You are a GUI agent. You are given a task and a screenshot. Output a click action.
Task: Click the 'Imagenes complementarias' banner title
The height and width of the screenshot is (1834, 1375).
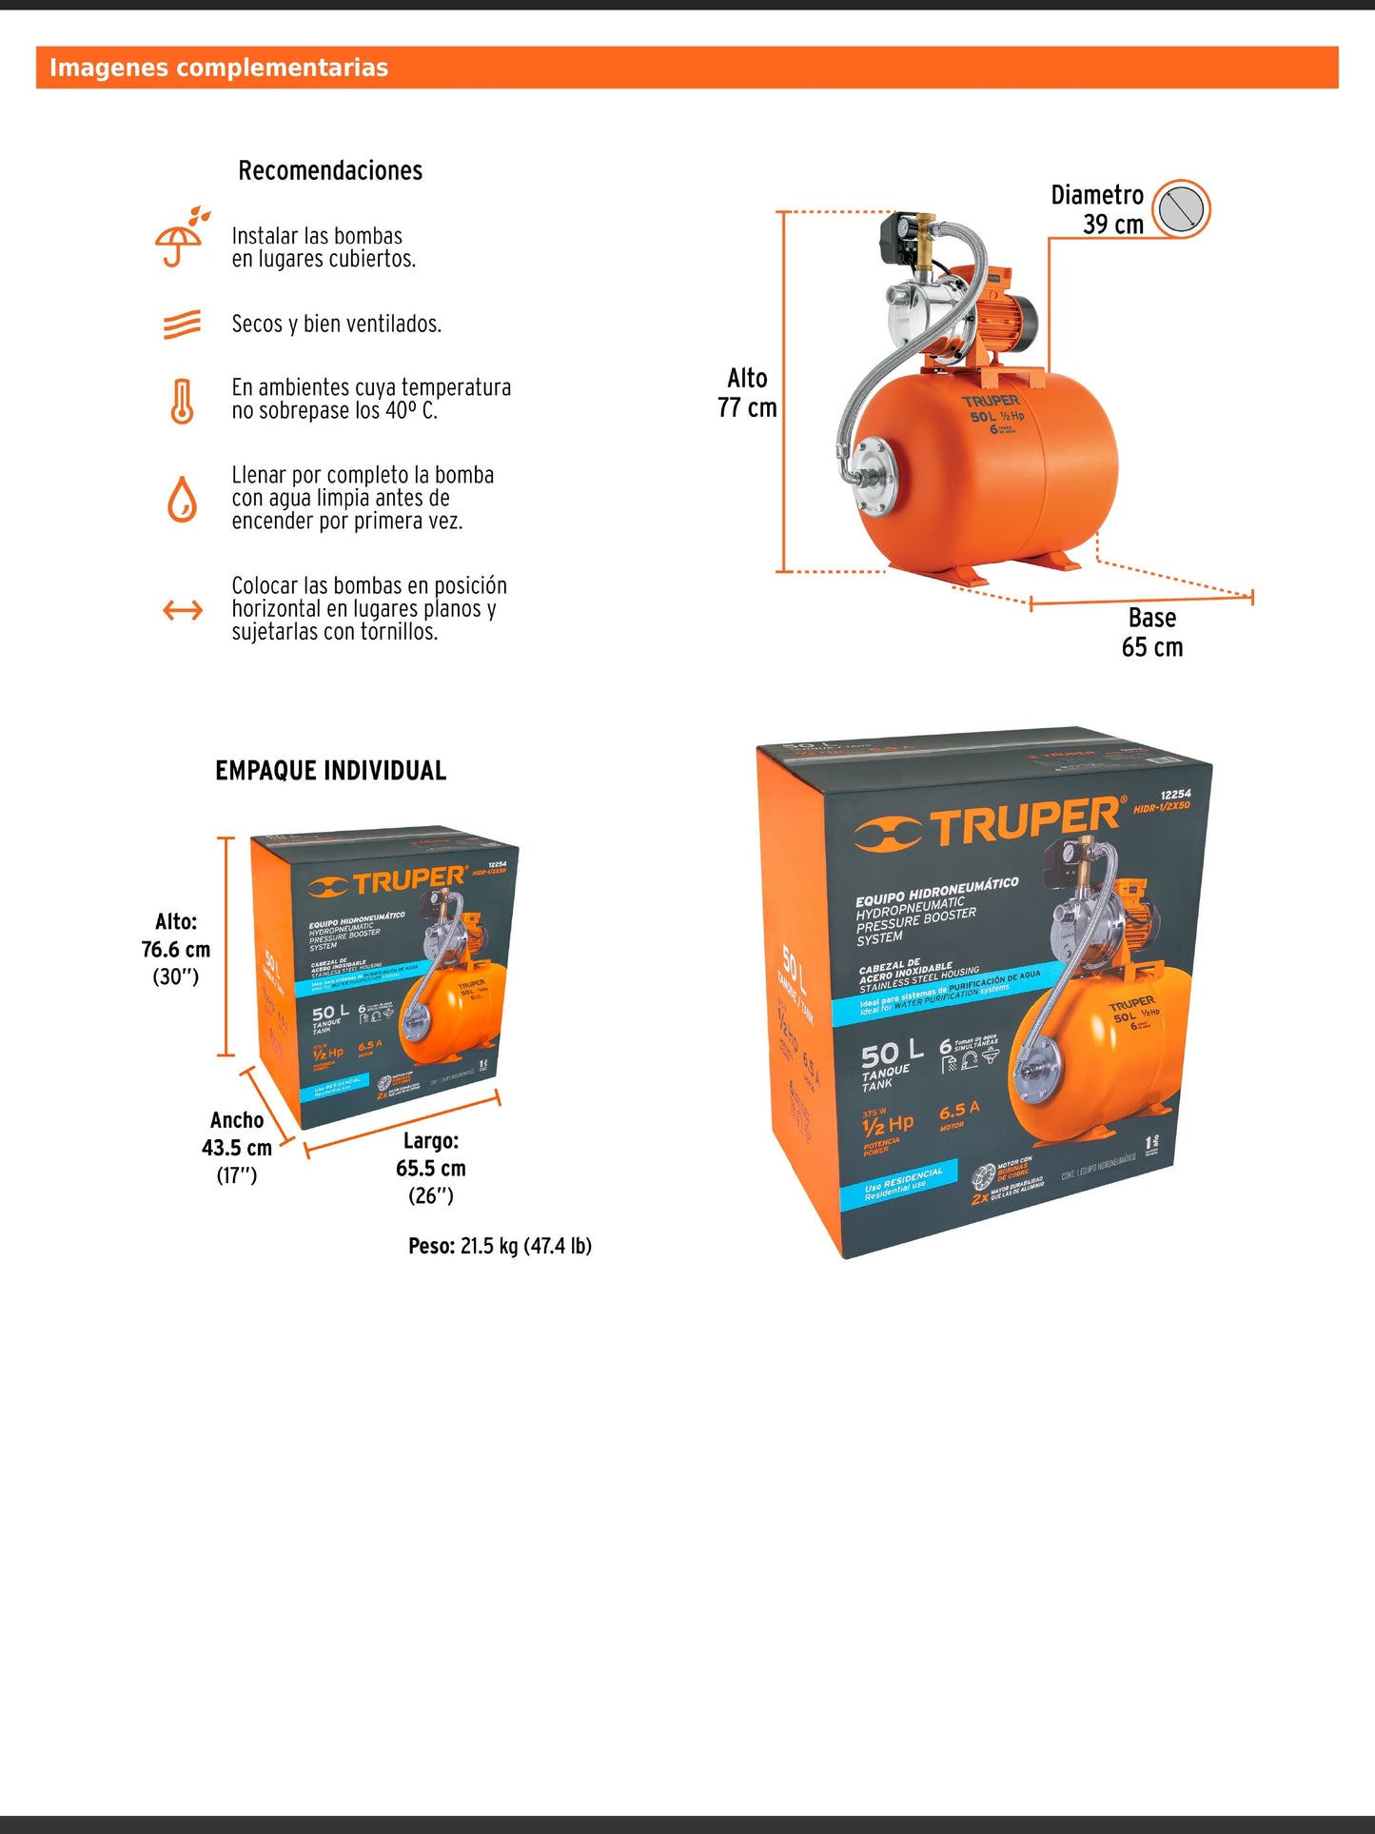click(219, 68)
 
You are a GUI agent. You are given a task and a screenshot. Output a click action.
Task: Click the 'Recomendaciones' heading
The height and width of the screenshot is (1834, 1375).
click(330, 170)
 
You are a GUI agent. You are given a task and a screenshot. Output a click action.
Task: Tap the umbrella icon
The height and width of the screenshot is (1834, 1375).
click(180, 238)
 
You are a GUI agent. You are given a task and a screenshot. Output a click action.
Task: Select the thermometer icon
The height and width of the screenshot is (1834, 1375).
click(182, 401)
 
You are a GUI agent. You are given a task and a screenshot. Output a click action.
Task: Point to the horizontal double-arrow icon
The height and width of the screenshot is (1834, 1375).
click(183, 609)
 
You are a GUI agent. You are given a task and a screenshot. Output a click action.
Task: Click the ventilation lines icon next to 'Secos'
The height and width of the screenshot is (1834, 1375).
click(182, 325)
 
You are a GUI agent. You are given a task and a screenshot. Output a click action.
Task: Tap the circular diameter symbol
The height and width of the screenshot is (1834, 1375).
click(1181, 207)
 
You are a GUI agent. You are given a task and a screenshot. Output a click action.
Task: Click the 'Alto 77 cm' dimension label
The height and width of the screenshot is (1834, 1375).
click(747, 393)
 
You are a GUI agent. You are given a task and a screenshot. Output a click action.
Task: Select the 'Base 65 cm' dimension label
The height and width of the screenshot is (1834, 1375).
click(1151, 633)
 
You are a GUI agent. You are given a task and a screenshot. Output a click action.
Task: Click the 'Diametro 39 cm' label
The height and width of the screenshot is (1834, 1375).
click(1097, 209)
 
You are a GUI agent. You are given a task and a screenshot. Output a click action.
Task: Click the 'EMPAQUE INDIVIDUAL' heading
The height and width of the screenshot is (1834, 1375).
click(330, 771)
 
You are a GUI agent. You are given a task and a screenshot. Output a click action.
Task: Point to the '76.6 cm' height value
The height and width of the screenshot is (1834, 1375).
click(176, 950)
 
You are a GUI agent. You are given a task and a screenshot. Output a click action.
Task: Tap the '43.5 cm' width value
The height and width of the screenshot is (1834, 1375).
click(237, 1148)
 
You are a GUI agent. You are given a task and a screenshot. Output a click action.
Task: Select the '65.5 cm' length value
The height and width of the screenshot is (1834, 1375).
click(431, 1168)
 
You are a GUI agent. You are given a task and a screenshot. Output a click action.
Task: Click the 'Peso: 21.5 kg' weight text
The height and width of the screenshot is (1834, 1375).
click(500, 1246)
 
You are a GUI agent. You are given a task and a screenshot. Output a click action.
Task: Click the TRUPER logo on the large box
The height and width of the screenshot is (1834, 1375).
click(990, 824)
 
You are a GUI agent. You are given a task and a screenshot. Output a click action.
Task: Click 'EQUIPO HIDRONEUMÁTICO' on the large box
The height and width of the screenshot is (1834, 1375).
click(936, 892)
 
